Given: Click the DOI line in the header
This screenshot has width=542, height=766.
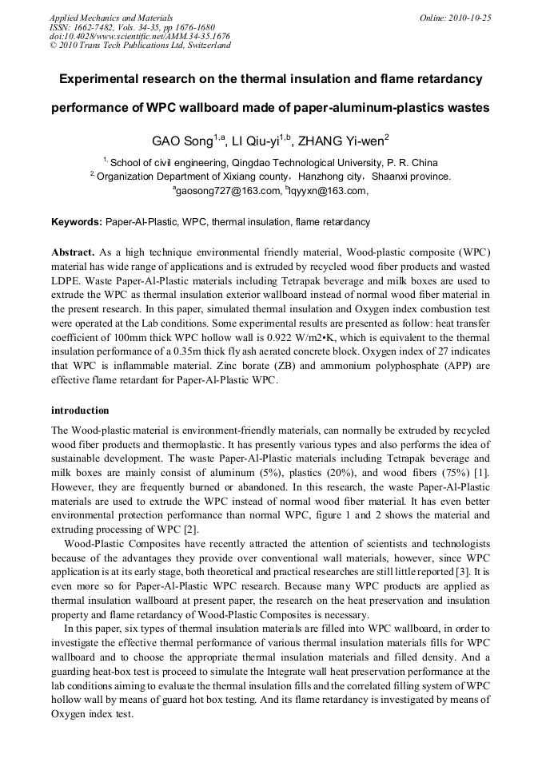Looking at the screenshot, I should pos(140,36).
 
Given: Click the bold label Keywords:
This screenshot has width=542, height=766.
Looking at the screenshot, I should pos(77,221).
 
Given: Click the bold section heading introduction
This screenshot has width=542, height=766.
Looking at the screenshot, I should pos(80,411).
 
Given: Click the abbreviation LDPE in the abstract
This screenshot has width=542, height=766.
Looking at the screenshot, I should pos(67,281).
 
